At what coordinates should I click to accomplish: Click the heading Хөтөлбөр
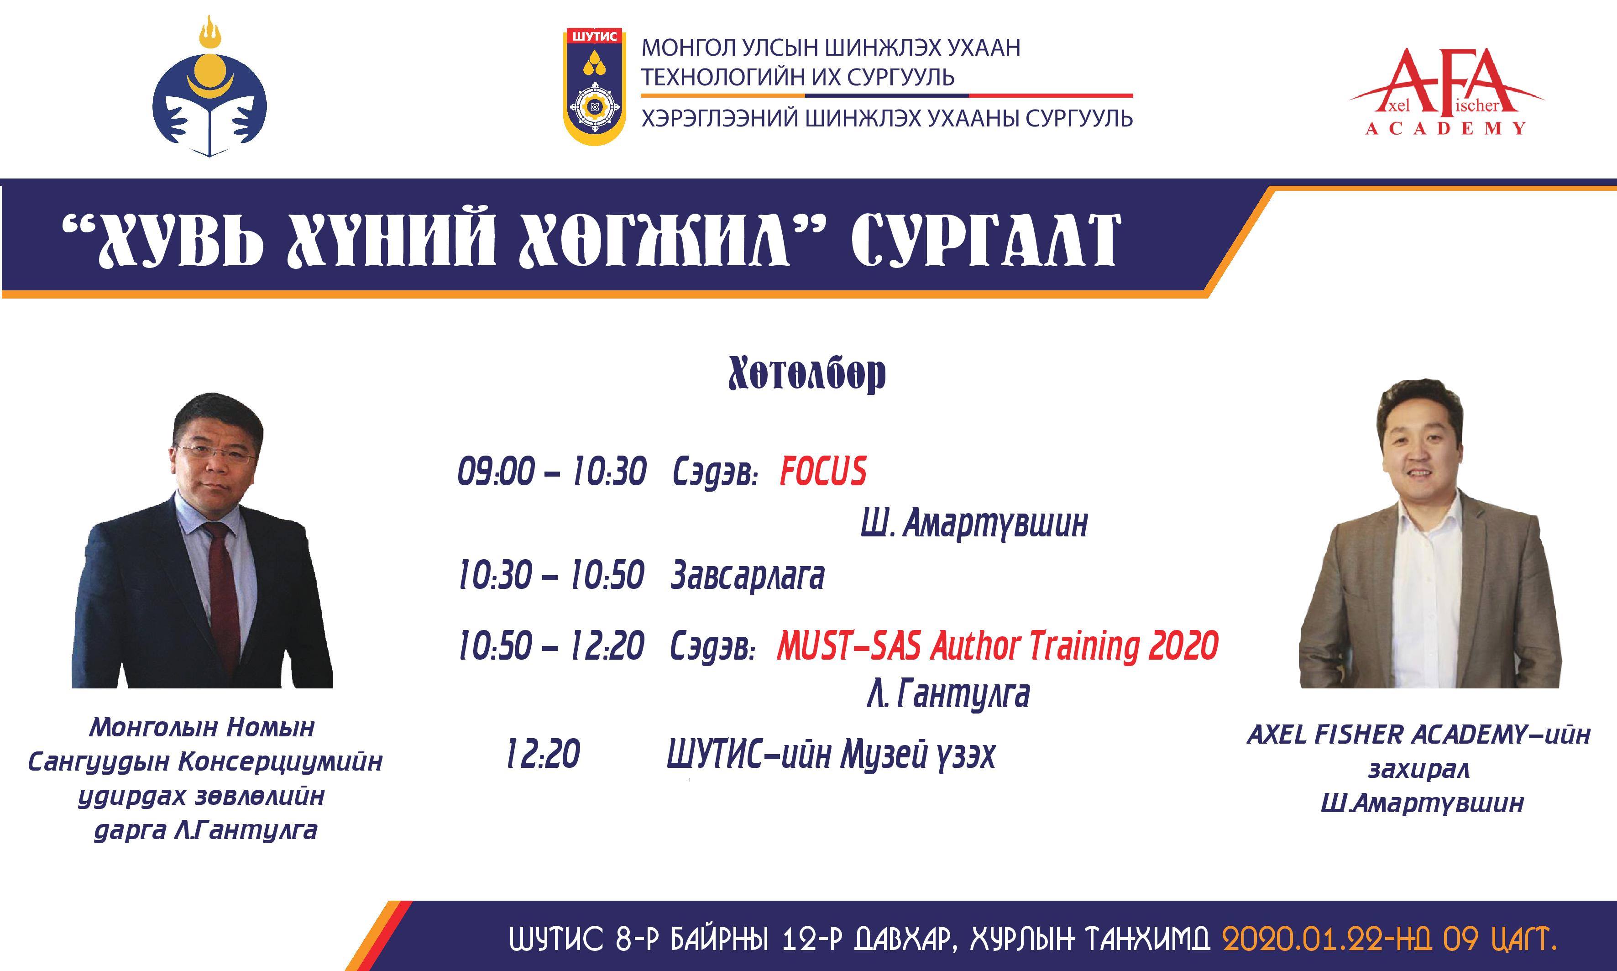click(x=807, y=374)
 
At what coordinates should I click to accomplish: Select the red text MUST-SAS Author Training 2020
click(x=998, y=646)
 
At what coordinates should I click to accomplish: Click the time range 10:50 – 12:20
click(x=551, y=646)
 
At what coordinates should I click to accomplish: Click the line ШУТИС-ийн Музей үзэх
click(x=831, y=755)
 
